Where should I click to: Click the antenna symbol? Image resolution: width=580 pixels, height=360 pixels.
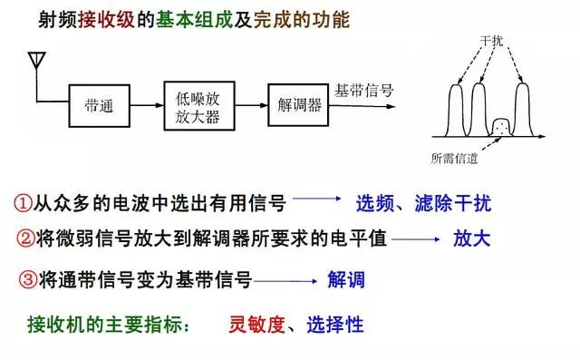pos(37,62)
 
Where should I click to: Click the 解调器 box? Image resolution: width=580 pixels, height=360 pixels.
pos(295,105)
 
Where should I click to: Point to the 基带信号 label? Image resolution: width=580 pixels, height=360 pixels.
pos(363,91)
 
